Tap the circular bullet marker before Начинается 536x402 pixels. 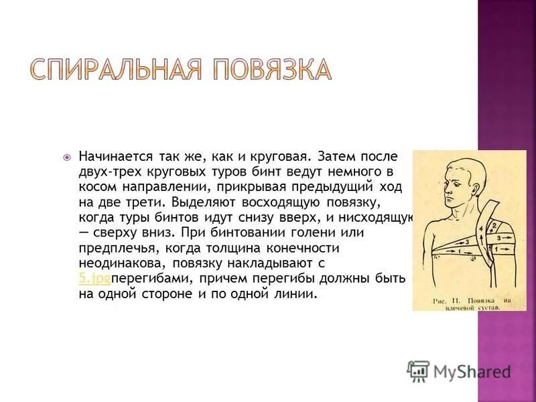[x=66, y=157]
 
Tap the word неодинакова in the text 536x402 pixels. [x=118, y=263]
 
